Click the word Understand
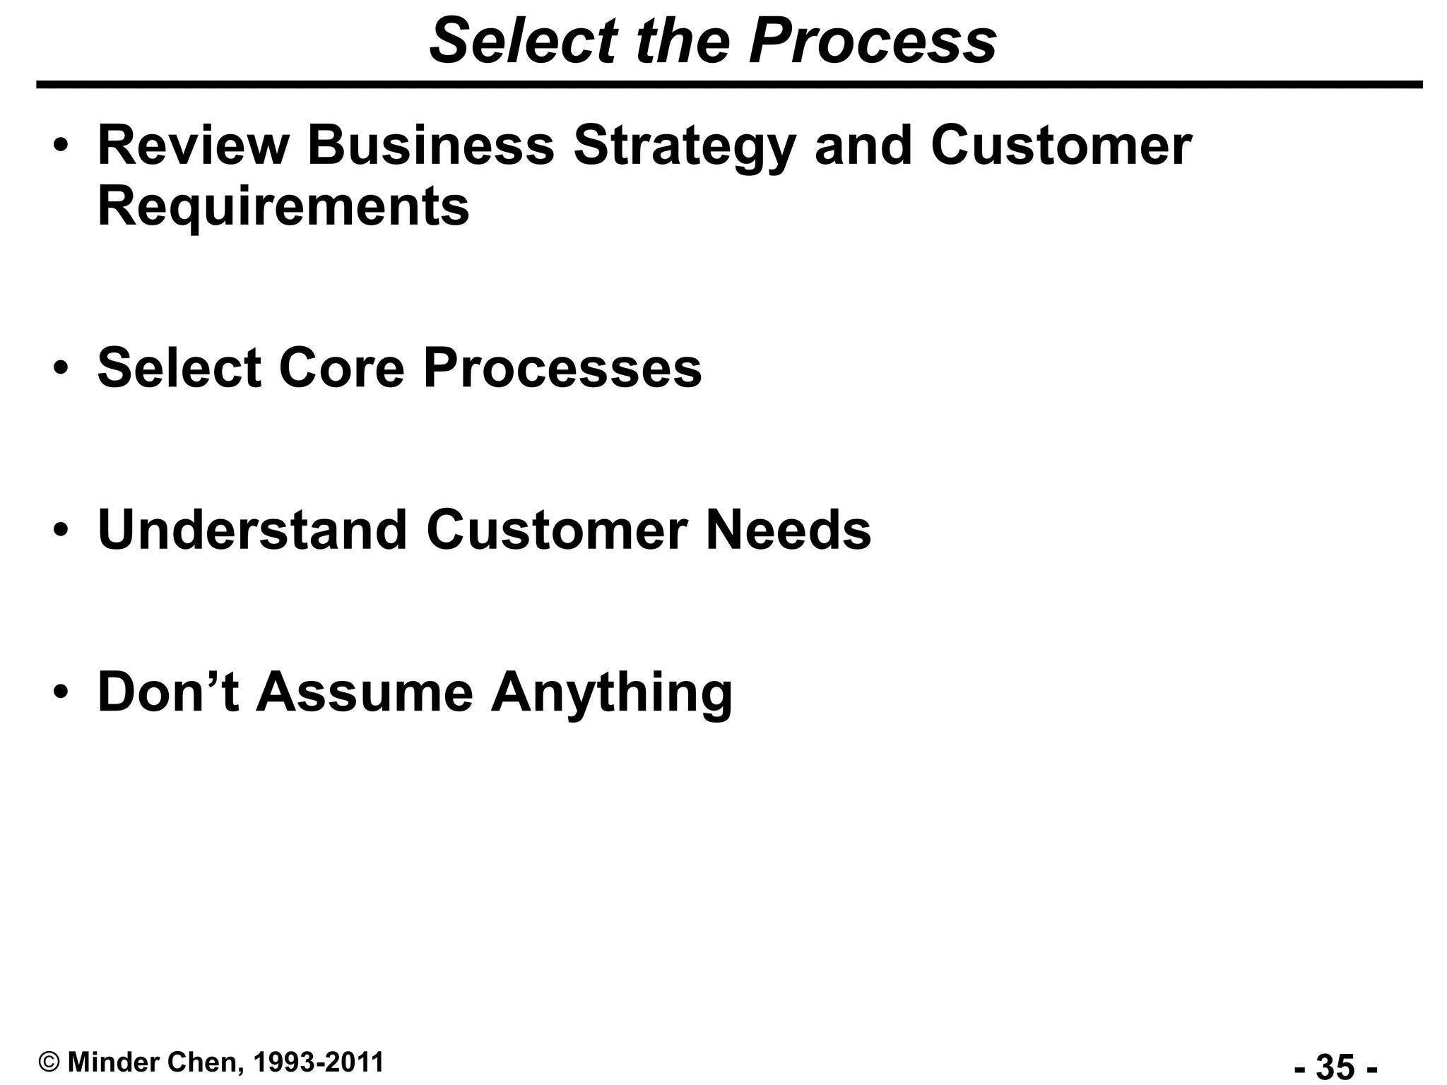click(252, 530)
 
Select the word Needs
click(789, 530)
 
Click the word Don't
click(167, 692)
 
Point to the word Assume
click(364, 692)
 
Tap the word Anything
click(612, 693)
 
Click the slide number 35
click(1335, 1066)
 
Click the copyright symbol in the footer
click(49, 1062)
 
